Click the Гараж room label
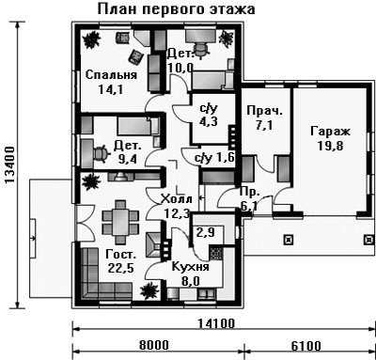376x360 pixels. (330, 132)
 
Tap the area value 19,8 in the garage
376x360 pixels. (331, 146)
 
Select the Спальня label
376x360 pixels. (111, 75)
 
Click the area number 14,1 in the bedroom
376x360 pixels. (110, 90)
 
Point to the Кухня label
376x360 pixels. (191, 267)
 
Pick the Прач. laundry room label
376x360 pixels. (265, 111)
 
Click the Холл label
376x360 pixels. (176, 199)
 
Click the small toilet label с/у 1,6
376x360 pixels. (214, 158)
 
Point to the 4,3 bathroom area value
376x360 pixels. (209, 121)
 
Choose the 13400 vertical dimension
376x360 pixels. (9, 164)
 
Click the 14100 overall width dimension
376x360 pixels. (216, 323)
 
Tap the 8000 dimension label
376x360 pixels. (154, 345)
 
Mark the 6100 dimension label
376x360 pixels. (306, 346)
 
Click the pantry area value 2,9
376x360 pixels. (205, 232)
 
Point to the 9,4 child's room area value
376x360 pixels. (128, 160)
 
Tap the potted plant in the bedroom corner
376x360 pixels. (91, 39)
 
